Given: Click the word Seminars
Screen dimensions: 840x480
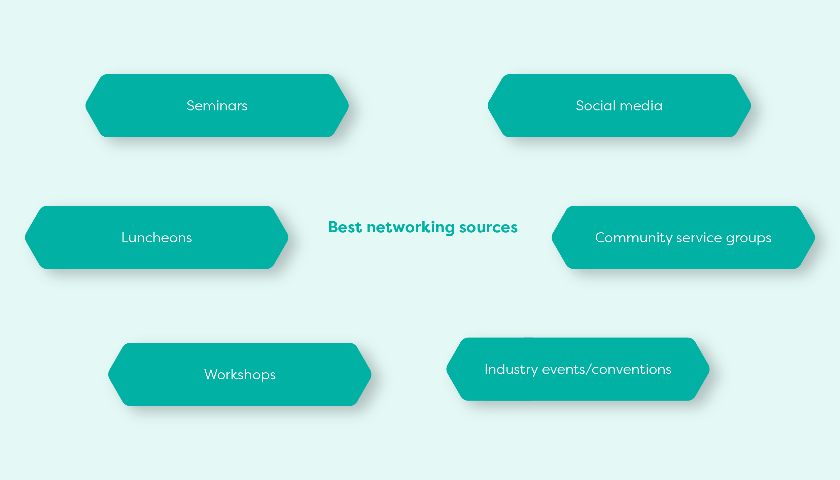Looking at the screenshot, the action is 217,106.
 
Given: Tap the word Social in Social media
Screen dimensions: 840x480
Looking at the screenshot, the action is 596,106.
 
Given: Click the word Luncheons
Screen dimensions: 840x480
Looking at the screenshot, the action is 157,238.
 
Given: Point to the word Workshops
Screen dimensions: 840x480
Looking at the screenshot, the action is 240,375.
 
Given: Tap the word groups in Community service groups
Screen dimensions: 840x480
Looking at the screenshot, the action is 749,239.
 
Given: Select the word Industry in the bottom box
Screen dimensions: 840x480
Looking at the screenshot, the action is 511,370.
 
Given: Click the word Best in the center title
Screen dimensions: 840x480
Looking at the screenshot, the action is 345,227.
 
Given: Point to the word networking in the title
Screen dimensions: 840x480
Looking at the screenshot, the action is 411,228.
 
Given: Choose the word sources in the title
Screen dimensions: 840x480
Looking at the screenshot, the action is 488,228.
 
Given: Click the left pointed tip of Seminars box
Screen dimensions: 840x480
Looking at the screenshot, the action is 86,106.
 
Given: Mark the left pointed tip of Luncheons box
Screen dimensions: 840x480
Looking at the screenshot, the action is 25,238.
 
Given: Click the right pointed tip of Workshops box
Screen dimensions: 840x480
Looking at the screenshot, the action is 371,374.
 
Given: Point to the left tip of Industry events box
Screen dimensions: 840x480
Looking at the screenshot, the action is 447,369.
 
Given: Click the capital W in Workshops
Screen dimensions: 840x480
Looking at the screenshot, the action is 211,374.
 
